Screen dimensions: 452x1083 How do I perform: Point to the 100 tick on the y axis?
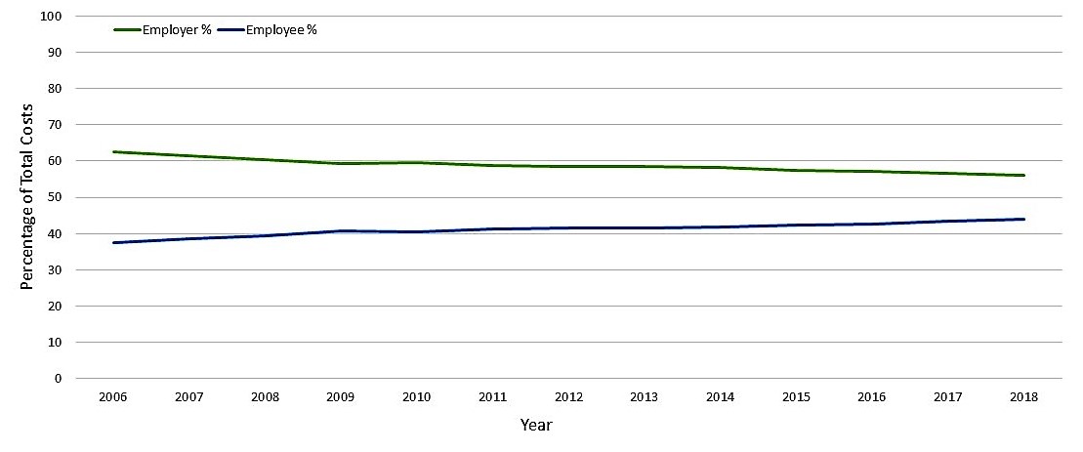click(x=53, y=17)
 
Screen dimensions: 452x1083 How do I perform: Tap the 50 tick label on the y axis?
click(x=56, y=198)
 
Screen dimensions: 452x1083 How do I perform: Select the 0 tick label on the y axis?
click(x=59, y=379)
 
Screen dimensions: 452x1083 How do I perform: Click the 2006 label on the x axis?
click(x=114, y=397)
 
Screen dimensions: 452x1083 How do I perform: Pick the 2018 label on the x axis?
click(x=1023, y=397)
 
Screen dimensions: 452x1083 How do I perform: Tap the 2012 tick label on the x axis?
click(x=568, y=397)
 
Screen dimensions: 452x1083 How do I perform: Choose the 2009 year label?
click(x=342, y=397)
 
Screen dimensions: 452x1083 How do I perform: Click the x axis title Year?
click(x=536, y=425)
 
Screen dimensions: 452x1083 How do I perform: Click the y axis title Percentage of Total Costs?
click(x=27, y=196)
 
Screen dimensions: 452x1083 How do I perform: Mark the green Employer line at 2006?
click(x=114, y=152)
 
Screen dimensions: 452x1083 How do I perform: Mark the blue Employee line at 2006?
click(x=114, y=242)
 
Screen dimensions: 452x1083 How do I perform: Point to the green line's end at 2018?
click(x=1023, y=176)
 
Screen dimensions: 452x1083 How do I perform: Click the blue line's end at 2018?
click(x=1023, y=219)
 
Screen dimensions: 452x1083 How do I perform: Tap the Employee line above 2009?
click(x=342, y=231)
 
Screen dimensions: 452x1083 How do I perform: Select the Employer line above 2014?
click(x=721, y=168)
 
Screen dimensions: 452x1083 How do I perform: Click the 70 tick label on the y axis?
click(x=56, y=125)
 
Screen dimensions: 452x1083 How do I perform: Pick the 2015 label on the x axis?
click(x=796, y=397)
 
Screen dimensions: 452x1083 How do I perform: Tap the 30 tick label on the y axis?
click(x=56, y=270)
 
